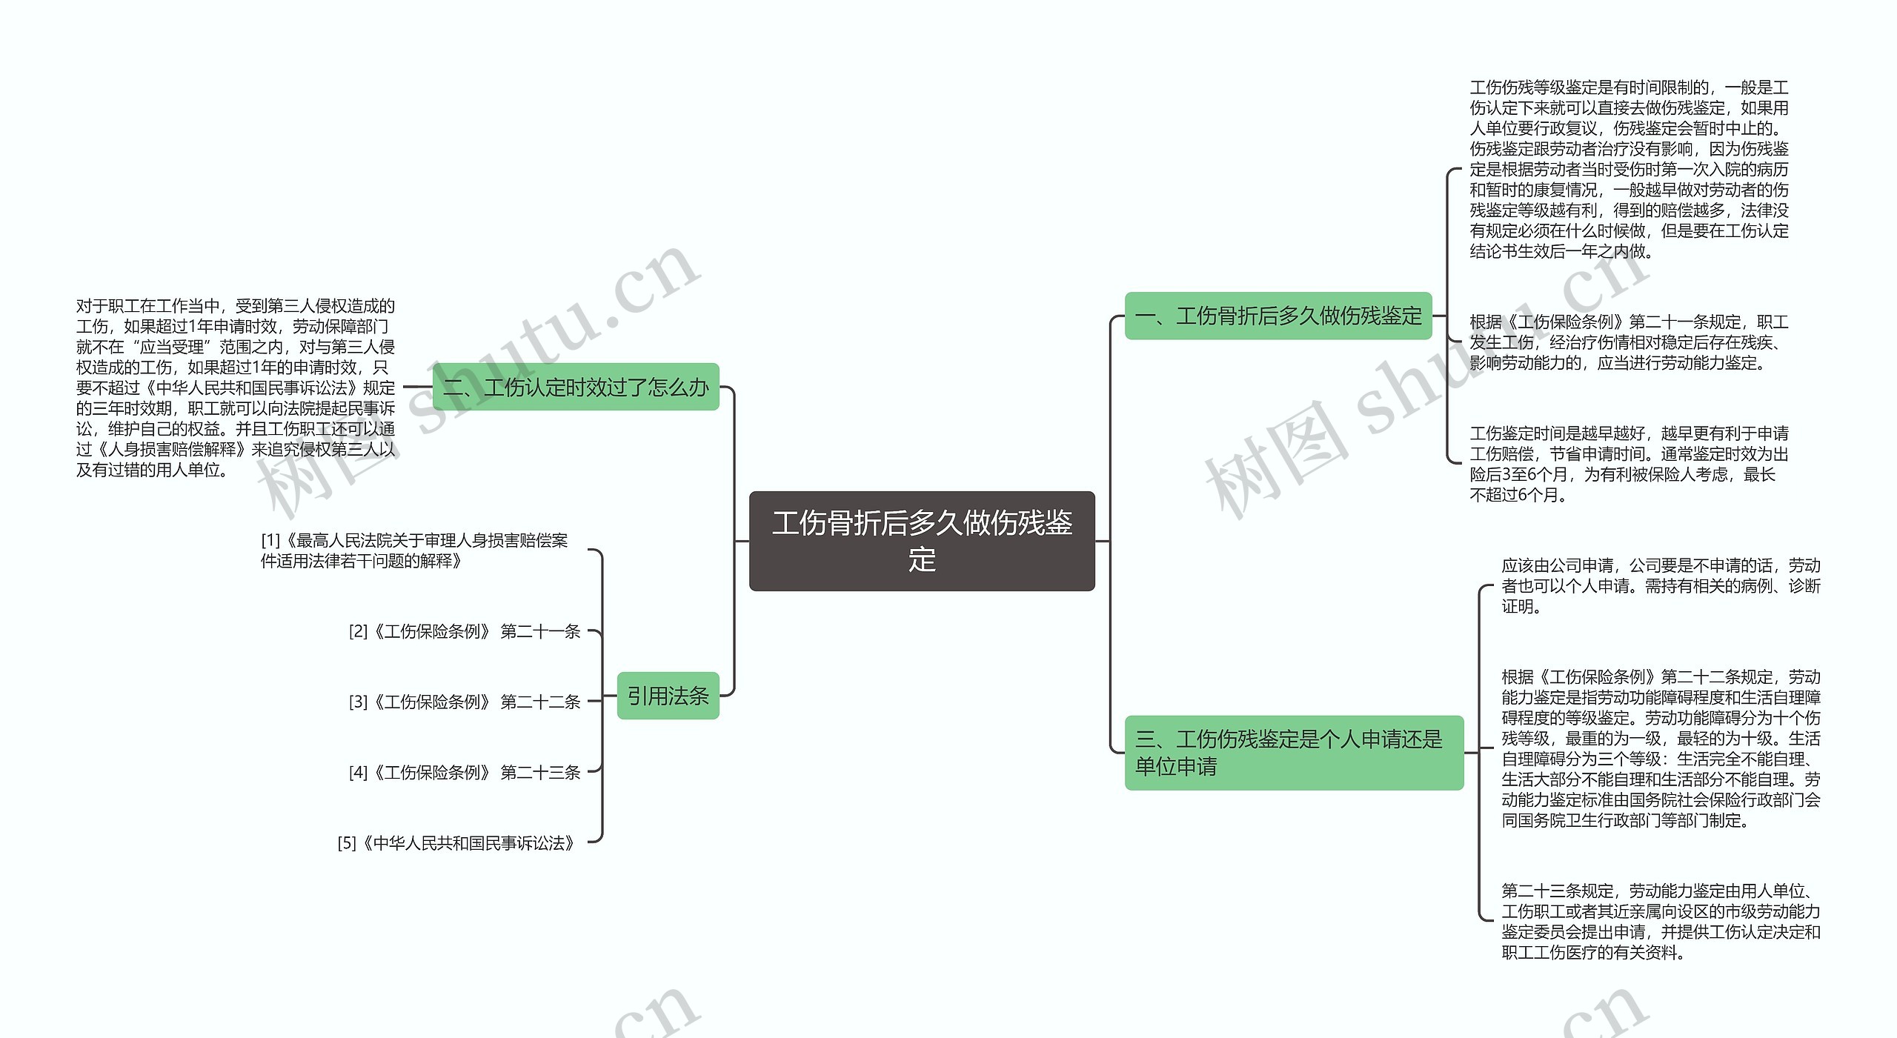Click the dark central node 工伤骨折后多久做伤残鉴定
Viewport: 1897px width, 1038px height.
click(921, 540)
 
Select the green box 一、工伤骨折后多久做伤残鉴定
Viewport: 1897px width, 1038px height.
click(1278, 316)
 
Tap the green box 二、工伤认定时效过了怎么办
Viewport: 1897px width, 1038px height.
click(575, 387)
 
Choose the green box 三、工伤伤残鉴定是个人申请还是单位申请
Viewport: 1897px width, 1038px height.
click(1293, 752)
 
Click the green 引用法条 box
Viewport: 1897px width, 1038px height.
click(668, 696)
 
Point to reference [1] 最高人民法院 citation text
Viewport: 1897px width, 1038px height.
click(414, 550)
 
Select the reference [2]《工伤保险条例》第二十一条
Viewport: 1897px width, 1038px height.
click(465, 631)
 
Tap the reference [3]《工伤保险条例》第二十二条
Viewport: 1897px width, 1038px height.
click(465, 702)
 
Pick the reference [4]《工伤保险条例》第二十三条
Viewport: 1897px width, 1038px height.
click(465, 773)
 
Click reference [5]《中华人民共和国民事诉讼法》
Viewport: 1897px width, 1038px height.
click(457, 843)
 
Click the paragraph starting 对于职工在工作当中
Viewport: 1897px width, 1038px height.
click(236, 387)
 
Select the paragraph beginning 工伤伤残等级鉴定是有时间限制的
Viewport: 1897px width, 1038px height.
click(1629, 170)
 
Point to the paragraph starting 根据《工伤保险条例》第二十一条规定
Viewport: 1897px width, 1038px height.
click(1629, 342)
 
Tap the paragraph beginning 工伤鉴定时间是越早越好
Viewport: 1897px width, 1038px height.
click(1629, 464)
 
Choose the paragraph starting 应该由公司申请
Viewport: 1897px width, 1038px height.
click(1661, 586)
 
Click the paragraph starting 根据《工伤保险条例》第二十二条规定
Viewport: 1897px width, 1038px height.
click(1661, 748)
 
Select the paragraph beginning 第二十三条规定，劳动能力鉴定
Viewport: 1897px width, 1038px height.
click(1661, 921)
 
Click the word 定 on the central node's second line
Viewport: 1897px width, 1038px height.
click(922, 559)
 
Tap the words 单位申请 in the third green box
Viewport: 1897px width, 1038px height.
click(1176, 766)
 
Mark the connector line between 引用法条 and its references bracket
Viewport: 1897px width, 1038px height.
click(610, 696)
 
